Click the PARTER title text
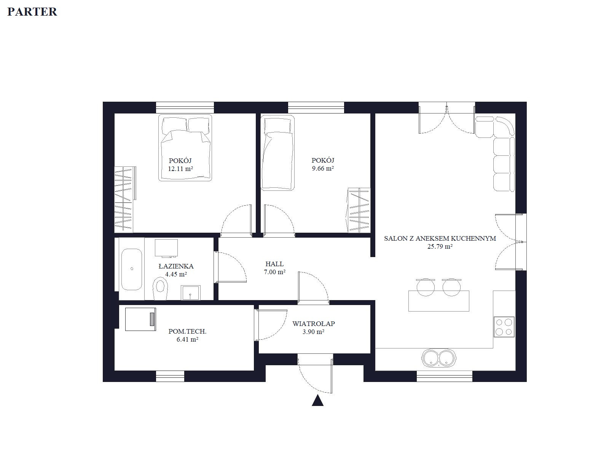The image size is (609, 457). click(32, 12)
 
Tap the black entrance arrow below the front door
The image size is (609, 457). click(317, 400)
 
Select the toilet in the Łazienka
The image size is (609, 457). click(160, 288)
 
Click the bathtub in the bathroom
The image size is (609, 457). click(132, 269)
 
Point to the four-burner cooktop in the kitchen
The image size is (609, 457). click(504, 327)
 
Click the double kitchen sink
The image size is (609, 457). click(438, 358)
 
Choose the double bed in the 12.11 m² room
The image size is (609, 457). click(185, 148)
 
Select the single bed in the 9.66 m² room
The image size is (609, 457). click(277, 153)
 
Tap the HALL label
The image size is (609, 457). click(275, 264)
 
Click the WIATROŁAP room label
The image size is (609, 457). click(314, 324)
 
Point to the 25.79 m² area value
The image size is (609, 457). click(440, 246)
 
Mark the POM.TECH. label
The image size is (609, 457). click(188, 331)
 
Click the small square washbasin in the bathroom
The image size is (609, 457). click(191, 293)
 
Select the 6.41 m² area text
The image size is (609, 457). click(188, 339)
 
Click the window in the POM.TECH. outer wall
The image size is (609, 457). click(170, 376)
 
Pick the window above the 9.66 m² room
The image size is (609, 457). click(316, 108)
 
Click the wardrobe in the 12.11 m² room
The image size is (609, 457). click(125, 199)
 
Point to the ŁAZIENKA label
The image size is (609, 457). click(176, 266)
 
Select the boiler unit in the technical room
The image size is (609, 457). click(140, 319)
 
